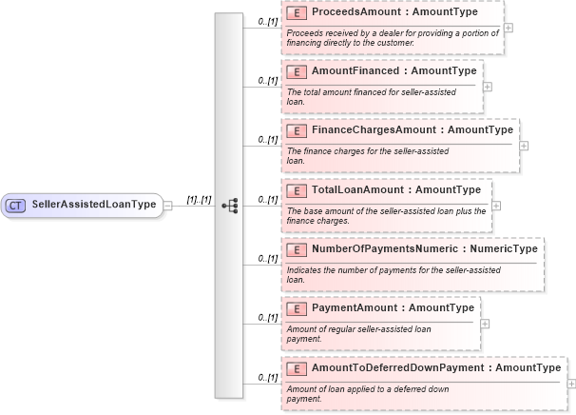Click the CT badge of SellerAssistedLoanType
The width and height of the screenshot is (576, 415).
(16, 205)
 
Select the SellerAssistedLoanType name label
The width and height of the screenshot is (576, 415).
(94, 205)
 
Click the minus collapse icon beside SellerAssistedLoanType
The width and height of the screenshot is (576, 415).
(167, 205)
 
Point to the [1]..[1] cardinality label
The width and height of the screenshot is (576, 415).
(199, 199)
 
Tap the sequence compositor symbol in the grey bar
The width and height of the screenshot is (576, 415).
(229, 205)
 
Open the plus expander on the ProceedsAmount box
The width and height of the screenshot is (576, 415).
(509, 27)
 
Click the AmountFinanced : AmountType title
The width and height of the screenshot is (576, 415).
(394, 71)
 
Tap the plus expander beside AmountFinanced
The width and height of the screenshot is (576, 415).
(488, 86)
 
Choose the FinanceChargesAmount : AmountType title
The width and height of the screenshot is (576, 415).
(412, 130)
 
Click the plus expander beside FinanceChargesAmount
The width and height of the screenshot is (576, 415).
(524, 146)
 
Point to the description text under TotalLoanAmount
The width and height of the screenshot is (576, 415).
(384, 215)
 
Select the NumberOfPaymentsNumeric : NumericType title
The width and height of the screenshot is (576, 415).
(424, 248)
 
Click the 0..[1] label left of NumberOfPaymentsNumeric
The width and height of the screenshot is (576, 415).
(267, 259)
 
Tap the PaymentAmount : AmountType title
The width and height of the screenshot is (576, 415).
(393, 307)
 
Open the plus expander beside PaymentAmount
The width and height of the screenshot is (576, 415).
(487, 323)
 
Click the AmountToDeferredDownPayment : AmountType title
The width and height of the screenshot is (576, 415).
(435, 367)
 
